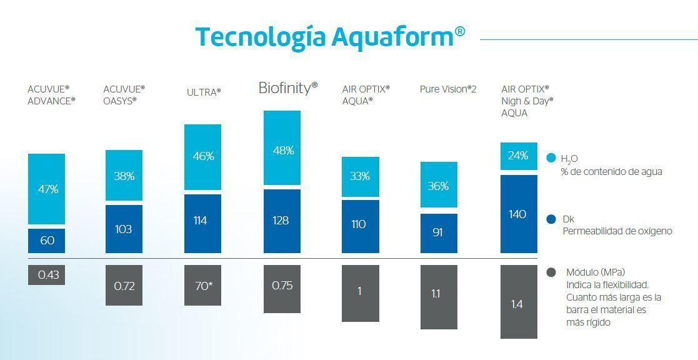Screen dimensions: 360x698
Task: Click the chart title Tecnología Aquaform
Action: tap(330, 36)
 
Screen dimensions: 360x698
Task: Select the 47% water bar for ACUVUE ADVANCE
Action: tap(46, 189)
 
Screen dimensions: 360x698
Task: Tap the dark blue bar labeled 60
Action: tap(46, 241)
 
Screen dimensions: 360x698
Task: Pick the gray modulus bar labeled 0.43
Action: tap(46, 275)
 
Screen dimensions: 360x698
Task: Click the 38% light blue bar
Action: tap(124, 176)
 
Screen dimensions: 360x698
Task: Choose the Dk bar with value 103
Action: tap(124, 229)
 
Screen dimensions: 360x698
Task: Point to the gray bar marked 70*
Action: tap(202, 286)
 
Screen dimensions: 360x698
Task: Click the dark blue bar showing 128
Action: tap(282, 221)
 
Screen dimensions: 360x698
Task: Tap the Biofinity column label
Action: tap(288, 88)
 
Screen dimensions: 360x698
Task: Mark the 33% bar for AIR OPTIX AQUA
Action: tap(360, 176)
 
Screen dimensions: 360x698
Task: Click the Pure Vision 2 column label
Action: tap(448, 89)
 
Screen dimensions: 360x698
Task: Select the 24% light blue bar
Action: tap(519, 156)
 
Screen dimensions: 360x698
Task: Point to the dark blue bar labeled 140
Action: tap(519, 214)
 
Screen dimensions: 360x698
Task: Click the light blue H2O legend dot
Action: tap(551, 158)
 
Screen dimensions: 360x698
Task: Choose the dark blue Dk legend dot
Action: tap(551, 219)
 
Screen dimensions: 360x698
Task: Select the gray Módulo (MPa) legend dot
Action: tap(551, 272)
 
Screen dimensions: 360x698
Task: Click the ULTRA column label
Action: tap(204, 92)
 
